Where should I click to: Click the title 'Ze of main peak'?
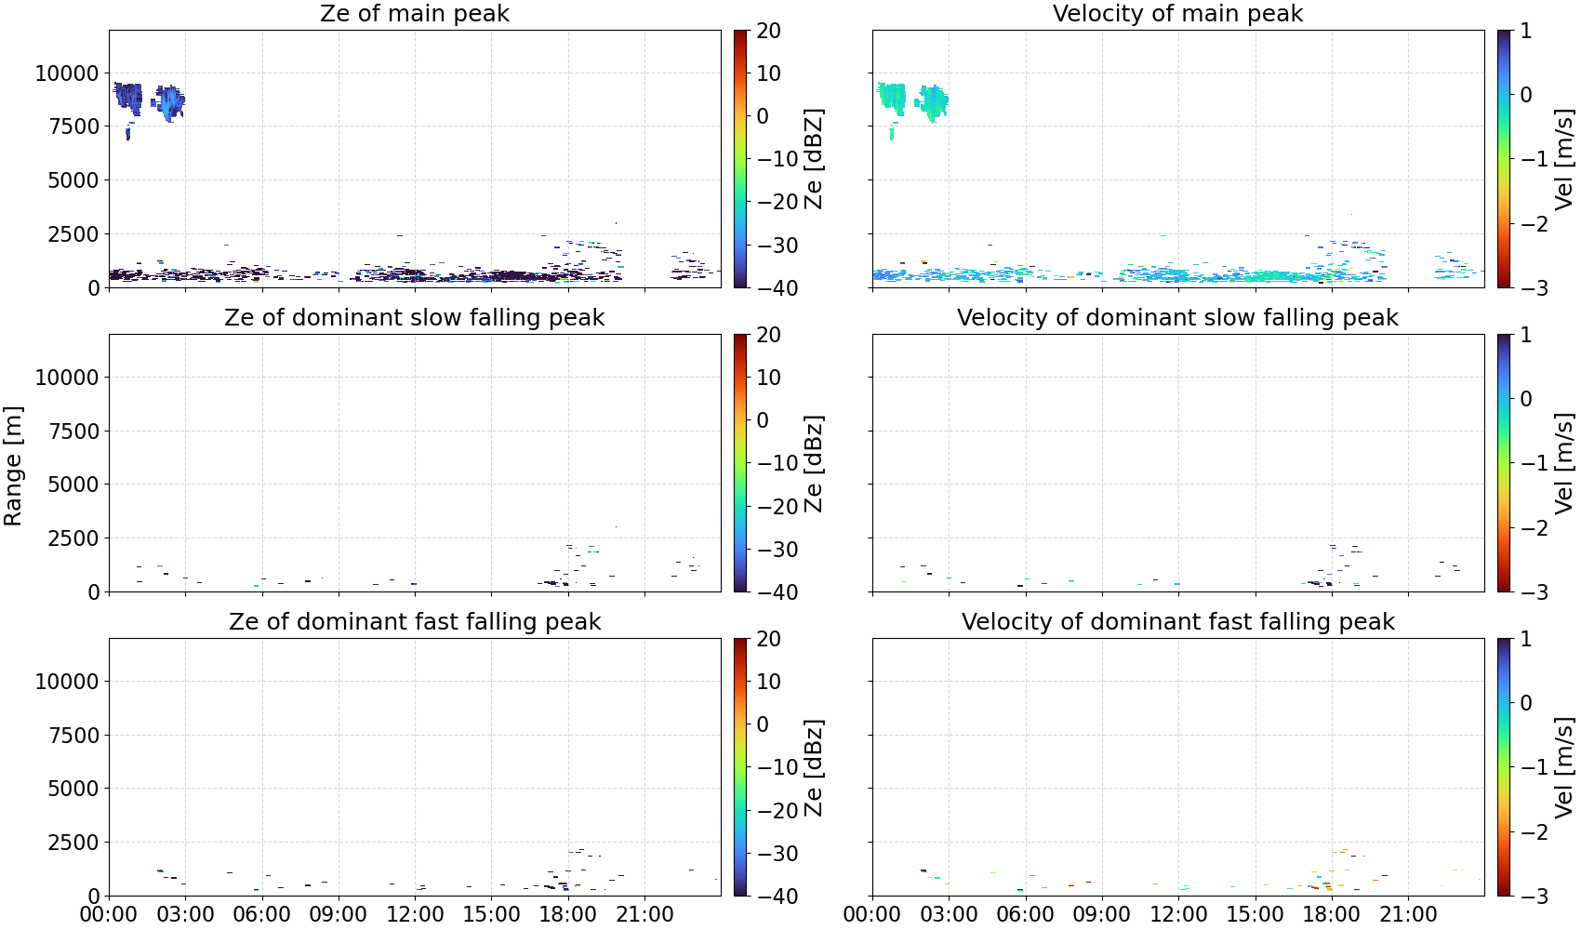pos(414,13)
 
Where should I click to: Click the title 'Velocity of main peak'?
pos(1178,13)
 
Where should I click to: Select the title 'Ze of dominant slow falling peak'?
pos(414,317)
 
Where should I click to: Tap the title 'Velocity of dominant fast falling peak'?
pos(1178,621)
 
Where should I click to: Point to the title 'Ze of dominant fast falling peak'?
pos(414,621)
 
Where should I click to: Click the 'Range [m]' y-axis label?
pos(13,466)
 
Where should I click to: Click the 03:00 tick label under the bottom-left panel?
pos(186,915)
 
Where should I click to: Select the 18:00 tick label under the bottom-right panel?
pos(1331,915)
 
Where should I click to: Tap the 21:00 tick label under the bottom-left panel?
pos(644,915)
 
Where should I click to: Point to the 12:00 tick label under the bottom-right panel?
pos(1178,915)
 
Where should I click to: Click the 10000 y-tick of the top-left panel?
pos(67,73)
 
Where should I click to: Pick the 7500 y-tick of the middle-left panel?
pos(73,432)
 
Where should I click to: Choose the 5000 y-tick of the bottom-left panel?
pos(73,789)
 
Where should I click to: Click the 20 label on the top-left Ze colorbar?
pos(768,31)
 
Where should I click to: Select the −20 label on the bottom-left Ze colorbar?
pos(777,811)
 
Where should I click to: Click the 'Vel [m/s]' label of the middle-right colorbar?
pos(1563,463)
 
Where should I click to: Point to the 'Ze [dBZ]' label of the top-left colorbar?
pos(813,159)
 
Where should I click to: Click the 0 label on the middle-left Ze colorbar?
pos(763,420)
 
